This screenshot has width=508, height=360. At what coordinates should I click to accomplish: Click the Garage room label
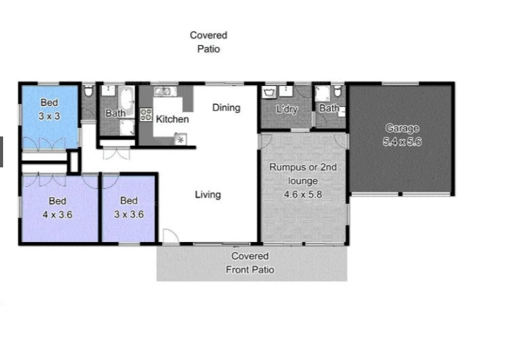402,128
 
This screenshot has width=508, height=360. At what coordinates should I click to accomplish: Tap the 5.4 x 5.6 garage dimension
402,141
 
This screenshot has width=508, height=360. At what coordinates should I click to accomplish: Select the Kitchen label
172,119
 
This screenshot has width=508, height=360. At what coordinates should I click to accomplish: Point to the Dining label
226,107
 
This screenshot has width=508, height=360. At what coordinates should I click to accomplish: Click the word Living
208,195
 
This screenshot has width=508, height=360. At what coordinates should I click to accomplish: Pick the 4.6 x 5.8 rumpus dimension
303,194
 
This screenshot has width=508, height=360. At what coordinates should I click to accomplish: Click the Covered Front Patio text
250,262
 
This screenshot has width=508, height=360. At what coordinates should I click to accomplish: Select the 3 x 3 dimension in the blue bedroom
49,115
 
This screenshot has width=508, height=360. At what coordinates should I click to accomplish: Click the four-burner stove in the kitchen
146,114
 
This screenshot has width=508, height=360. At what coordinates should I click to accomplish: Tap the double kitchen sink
164,91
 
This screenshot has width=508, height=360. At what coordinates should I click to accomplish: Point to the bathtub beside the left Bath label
125,100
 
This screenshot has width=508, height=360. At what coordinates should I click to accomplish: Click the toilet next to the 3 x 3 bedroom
89,91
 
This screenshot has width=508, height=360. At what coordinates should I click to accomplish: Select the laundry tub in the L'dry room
269,93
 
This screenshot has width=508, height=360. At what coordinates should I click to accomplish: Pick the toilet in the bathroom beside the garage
337,92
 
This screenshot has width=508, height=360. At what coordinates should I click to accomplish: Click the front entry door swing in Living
169,236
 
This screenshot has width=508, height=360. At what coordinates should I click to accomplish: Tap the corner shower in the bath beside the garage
321,94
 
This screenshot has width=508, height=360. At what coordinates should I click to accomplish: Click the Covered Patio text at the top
208,42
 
